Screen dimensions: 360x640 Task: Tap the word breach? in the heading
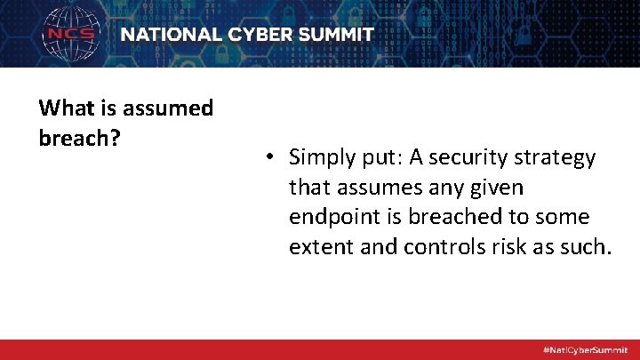pos(81,140)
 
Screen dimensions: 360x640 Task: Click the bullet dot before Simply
pos(268,158)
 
